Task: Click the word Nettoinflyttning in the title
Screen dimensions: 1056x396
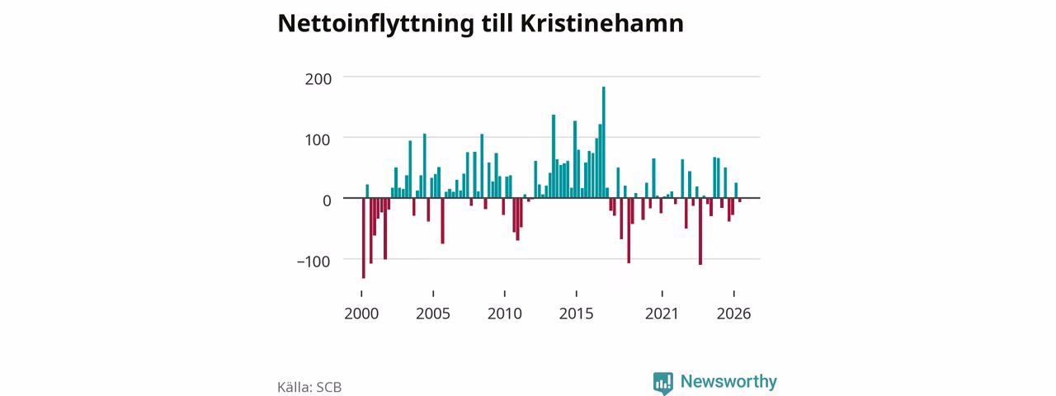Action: [x=375, y=24]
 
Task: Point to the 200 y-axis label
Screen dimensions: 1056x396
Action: [x=318, y=79]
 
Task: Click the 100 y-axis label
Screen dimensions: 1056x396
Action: [x=318, y=140]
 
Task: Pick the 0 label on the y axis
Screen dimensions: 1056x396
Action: [x=327, y=200]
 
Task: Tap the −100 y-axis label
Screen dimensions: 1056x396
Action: [x=314, y=262]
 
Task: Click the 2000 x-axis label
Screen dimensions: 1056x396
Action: [x=361, y=314]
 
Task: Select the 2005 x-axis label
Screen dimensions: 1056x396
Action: [x=433, y=314]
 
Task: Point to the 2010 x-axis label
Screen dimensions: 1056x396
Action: [x=504, y=314]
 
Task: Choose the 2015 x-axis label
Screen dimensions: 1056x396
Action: [x=576, y=314]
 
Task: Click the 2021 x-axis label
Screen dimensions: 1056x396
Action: [x=662, y=314]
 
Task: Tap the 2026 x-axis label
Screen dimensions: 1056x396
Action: [x=733, y=314]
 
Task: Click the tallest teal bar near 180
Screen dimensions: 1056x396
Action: [x=603, y=143]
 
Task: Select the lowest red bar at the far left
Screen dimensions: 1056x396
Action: [x=364, y=238]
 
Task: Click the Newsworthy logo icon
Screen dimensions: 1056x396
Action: [x=662, y=383]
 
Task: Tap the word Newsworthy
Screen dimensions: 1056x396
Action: [x=728, y=381]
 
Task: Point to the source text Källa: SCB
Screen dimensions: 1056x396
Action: [x=309, y=387]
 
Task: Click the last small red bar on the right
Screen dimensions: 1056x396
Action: [x=740, y=200]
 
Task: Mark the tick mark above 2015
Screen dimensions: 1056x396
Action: [x=576, y=294]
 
